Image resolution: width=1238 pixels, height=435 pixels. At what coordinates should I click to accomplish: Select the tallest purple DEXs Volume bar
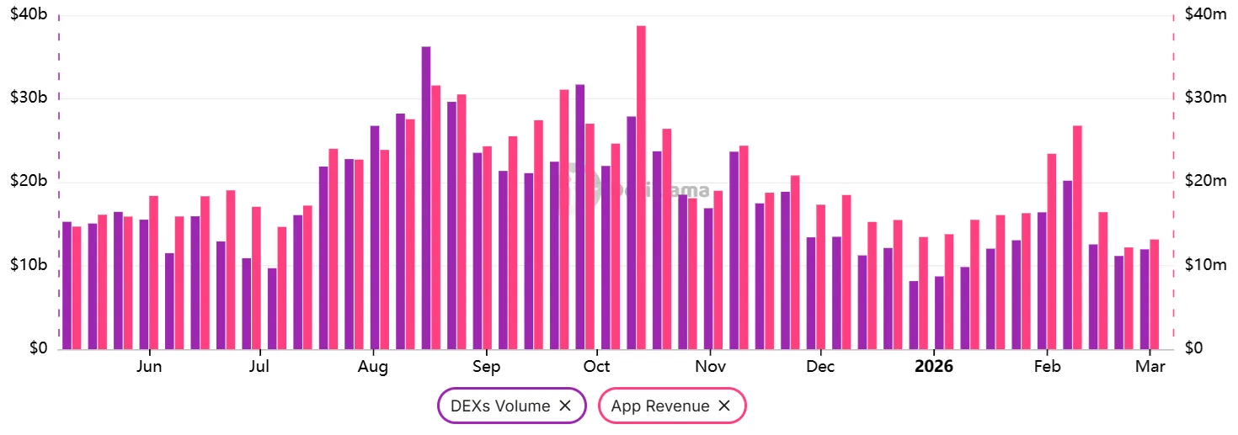(x=426, y=198)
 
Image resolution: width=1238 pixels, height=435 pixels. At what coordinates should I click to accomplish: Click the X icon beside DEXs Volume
(x=565, y=406)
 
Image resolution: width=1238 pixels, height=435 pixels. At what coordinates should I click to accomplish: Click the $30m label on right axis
(x=1205, y=98)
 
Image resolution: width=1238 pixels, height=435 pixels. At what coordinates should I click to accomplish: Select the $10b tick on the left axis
(x=29, y=266)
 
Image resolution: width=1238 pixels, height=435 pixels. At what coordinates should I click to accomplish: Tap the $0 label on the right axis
(x=1193, y=348)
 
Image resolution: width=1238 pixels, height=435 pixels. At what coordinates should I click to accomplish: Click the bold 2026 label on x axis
(x=934, y=367)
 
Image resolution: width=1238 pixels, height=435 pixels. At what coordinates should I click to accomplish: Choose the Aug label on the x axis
(x=372, y=367)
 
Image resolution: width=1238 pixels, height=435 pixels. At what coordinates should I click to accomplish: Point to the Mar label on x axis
(x=1150, y=367)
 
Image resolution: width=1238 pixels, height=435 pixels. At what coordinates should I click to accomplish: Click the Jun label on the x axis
(x=149, y=367)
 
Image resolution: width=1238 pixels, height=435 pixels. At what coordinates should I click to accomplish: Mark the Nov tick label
(x=711, y=367)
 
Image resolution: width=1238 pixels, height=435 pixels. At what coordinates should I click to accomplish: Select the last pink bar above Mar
(x=1155, y=294)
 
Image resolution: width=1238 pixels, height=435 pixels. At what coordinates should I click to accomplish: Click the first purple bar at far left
(x=67, y=285)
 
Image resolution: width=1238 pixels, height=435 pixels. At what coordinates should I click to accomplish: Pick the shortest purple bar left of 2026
(x=914, y=315)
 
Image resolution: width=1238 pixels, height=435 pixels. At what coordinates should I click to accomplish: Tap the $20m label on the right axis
(x=1205, y=182)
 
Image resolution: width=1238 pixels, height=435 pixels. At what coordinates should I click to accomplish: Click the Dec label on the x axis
(x=820, y=367)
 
